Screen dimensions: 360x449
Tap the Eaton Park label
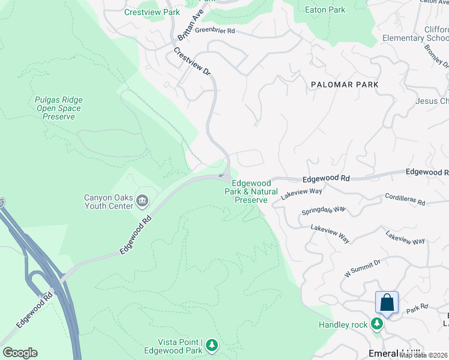click(325, 10)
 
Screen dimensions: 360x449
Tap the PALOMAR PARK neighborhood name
click(345, 85)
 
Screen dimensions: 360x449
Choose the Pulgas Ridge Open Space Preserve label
click(59, 109)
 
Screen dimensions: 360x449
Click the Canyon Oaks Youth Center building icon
click(142, 200)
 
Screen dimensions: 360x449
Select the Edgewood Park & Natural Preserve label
click(251, 191)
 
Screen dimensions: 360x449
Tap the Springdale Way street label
click(324, 211)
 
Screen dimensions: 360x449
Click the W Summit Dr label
click(363, 268)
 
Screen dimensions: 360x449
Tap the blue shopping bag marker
click(387, 302)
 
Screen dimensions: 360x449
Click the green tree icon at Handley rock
click(376, 325)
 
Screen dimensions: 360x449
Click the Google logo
click(20, 353)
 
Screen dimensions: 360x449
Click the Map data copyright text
click(424, 355)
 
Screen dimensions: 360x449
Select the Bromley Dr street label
click(436, 55)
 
